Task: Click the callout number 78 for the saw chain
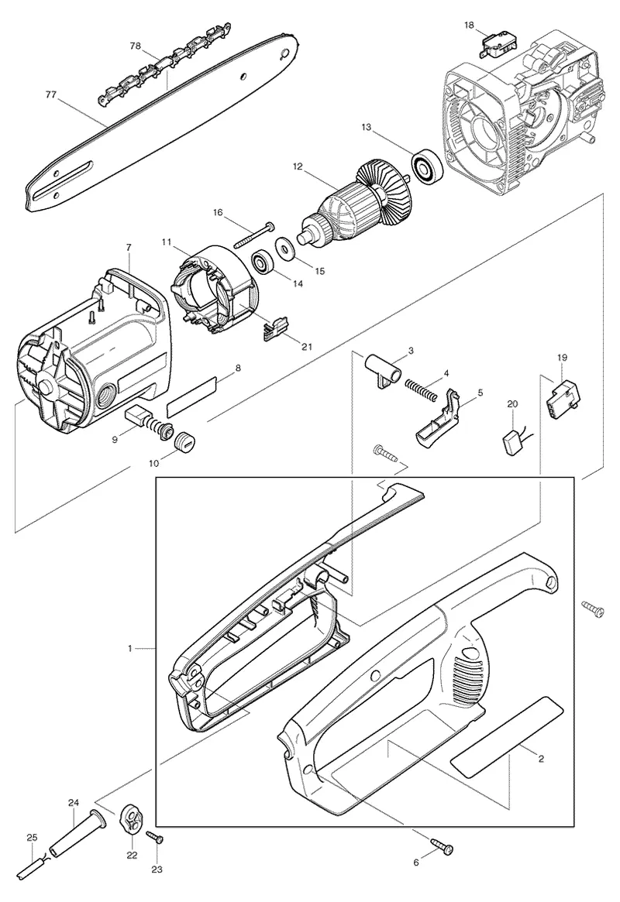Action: click(x=136, y=46)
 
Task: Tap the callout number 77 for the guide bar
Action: click(x=51, y=95)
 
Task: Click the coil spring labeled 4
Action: click(x=422, y=389)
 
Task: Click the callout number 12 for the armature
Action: click(x=297, y=166)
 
